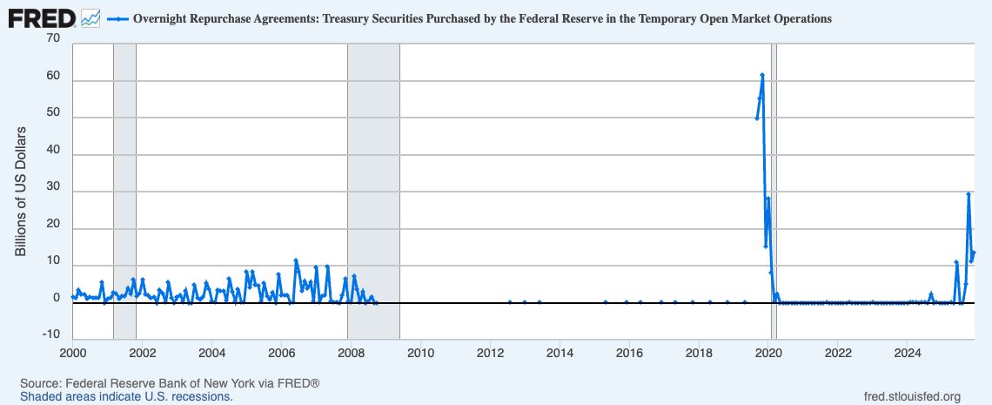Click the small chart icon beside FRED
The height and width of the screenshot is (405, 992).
click(x=90, y=17)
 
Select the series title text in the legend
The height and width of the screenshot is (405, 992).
click(x=482, y=17)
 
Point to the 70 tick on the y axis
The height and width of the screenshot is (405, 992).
click(x=54, y=39)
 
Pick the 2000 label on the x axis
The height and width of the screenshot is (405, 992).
click(x=72, y=353)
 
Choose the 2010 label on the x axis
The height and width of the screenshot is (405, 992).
click(x=420, y=353)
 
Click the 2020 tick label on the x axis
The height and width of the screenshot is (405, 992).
click(x=768, y=353)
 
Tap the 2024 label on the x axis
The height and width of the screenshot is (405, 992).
click(x=908, y=353)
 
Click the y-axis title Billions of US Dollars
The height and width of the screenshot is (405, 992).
click(x=21, y=191)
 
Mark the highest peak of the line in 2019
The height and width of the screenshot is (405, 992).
click(x=762, y=75)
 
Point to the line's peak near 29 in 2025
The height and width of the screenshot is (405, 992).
click(x=969, y=194)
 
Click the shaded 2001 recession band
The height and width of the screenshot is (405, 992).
click(x=124, y=174)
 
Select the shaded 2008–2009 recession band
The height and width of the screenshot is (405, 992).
click(x=373, y=174)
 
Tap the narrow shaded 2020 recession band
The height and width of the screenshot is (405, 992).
click(x=774, y=174)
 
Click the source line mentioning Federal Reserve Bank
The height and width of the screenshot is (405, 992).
click(x=171, y=383)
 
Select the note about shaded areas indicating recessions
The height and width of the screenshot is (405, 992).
click(x=127, y=396)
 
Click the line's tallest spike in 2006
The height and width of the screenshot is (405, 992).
click(x=296, y=260)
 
